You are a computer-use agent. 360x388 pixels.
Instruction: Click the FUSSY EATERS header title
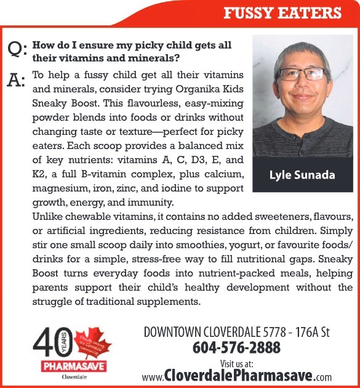(x=282, y=13)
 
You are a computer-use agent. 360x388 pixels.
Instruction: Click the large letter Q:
(x=17, y=49)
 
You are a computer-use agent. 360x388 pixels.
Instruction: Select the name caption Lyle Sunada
(x=302, y=175)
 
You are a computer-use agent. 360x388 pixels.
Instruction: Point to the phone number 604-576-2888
(x=236, y=348)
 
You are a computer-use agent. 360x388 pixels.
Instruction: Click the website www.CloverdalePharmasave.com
(x=236, y=376)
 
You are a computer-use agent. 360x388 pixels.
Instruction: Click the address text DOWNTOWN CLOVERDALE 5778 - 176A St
(x=236, y=333)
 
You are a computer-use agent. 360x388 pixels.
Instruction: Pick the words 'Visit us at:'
(x=236, y=363)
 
